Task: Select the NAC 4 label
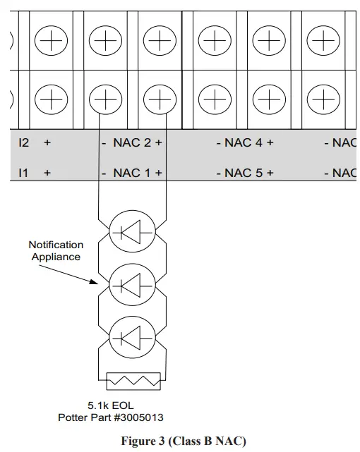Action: pyautogui.click(x=244, y=142)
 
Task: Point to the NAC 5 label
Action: pyautogui.click(x=244, y=173)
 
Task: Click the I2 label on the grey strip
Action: pyautogui.click(x=24, y=142)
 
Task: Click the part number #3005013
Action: pyautogui.click(x=138, y=417)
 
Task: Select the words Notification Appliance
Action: pyautogui.click(x=56, y=251)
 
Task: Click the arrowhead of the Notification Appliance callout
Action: pyautogui.click(x=100, y=283)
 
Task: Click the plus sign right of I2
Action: pyautogui.click(x=47, y=142)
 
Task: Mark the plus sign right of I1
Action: pyautogui.click(x=47, y=173)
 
